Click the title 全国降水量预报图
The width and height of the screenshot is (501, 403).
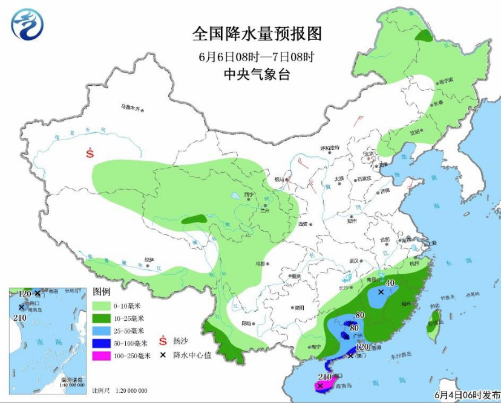(257, 33)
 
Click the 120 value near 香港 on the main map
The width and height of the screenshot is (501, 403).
(362, 347)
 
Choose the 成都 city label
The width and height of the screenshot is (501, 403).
(260, 263)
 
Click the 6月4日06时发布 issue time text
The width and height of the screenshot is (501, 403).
(465, 395)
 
